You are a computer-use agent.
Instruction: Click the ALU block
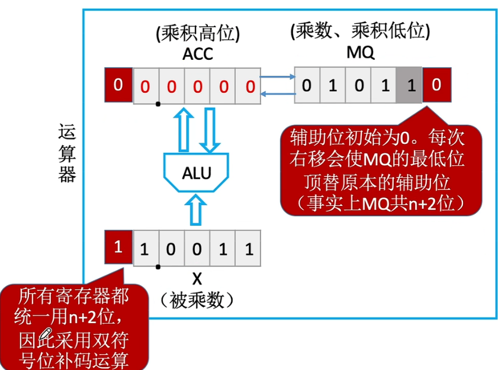[196, 173]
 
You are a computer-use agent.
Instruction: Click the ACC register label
[198, 54]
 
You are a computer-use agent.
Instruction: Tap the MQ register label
[360, 53]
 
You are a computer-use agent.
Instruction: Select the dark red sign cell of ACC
[118, 85]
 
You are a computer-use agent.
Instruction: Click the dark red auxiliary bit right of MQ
[436, 85]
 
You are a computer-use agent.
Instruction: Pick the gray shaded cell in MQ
[410, 86]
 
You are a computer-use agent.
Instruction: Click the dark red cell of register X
[118, 246]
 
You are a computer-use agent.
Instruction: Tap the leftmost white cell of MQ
[307, 86]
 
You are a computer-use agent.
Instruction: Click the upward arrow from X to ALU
[196, 211]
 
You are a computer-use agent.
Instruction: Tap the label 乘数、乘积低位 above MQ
[360, 31]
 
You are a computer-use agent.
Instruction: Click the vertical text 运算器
[67, 153]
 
